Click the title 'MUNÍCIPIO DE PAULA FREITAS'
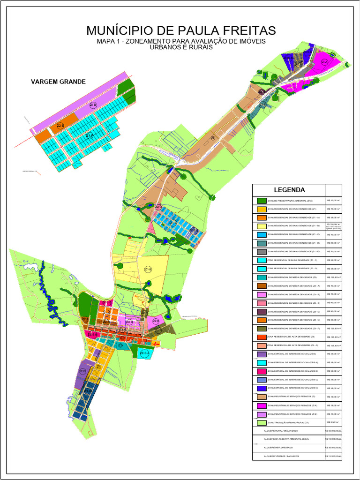coord(181,31)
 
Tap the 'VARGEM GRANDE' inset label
coord(58,82)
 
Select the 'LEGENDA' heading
coord(289,190)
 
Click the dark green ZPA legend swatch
coord(262,201)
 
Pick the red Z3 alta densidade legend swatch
coord(262,337)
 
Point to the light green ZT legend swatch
coord(262,422)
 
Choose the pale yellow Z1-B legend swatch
coord(262,226)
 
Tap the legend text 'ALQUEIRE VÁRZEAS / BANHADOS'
coord(282,456)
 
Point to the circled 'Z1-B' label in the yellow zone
coord(148,270)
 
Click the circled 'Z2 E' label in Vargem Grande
coord(60,126)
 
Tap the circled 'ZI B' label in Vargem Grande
coord(93,105)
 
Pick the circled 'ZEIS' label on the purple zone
coord(82,371)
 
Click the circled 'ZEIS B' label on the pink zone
coord(93,335)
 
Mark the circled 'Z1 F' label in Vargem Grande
coord(89,135)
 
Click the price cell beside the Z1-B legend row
coord(333,226)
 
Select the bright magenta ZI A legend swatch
coord(262,405)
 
